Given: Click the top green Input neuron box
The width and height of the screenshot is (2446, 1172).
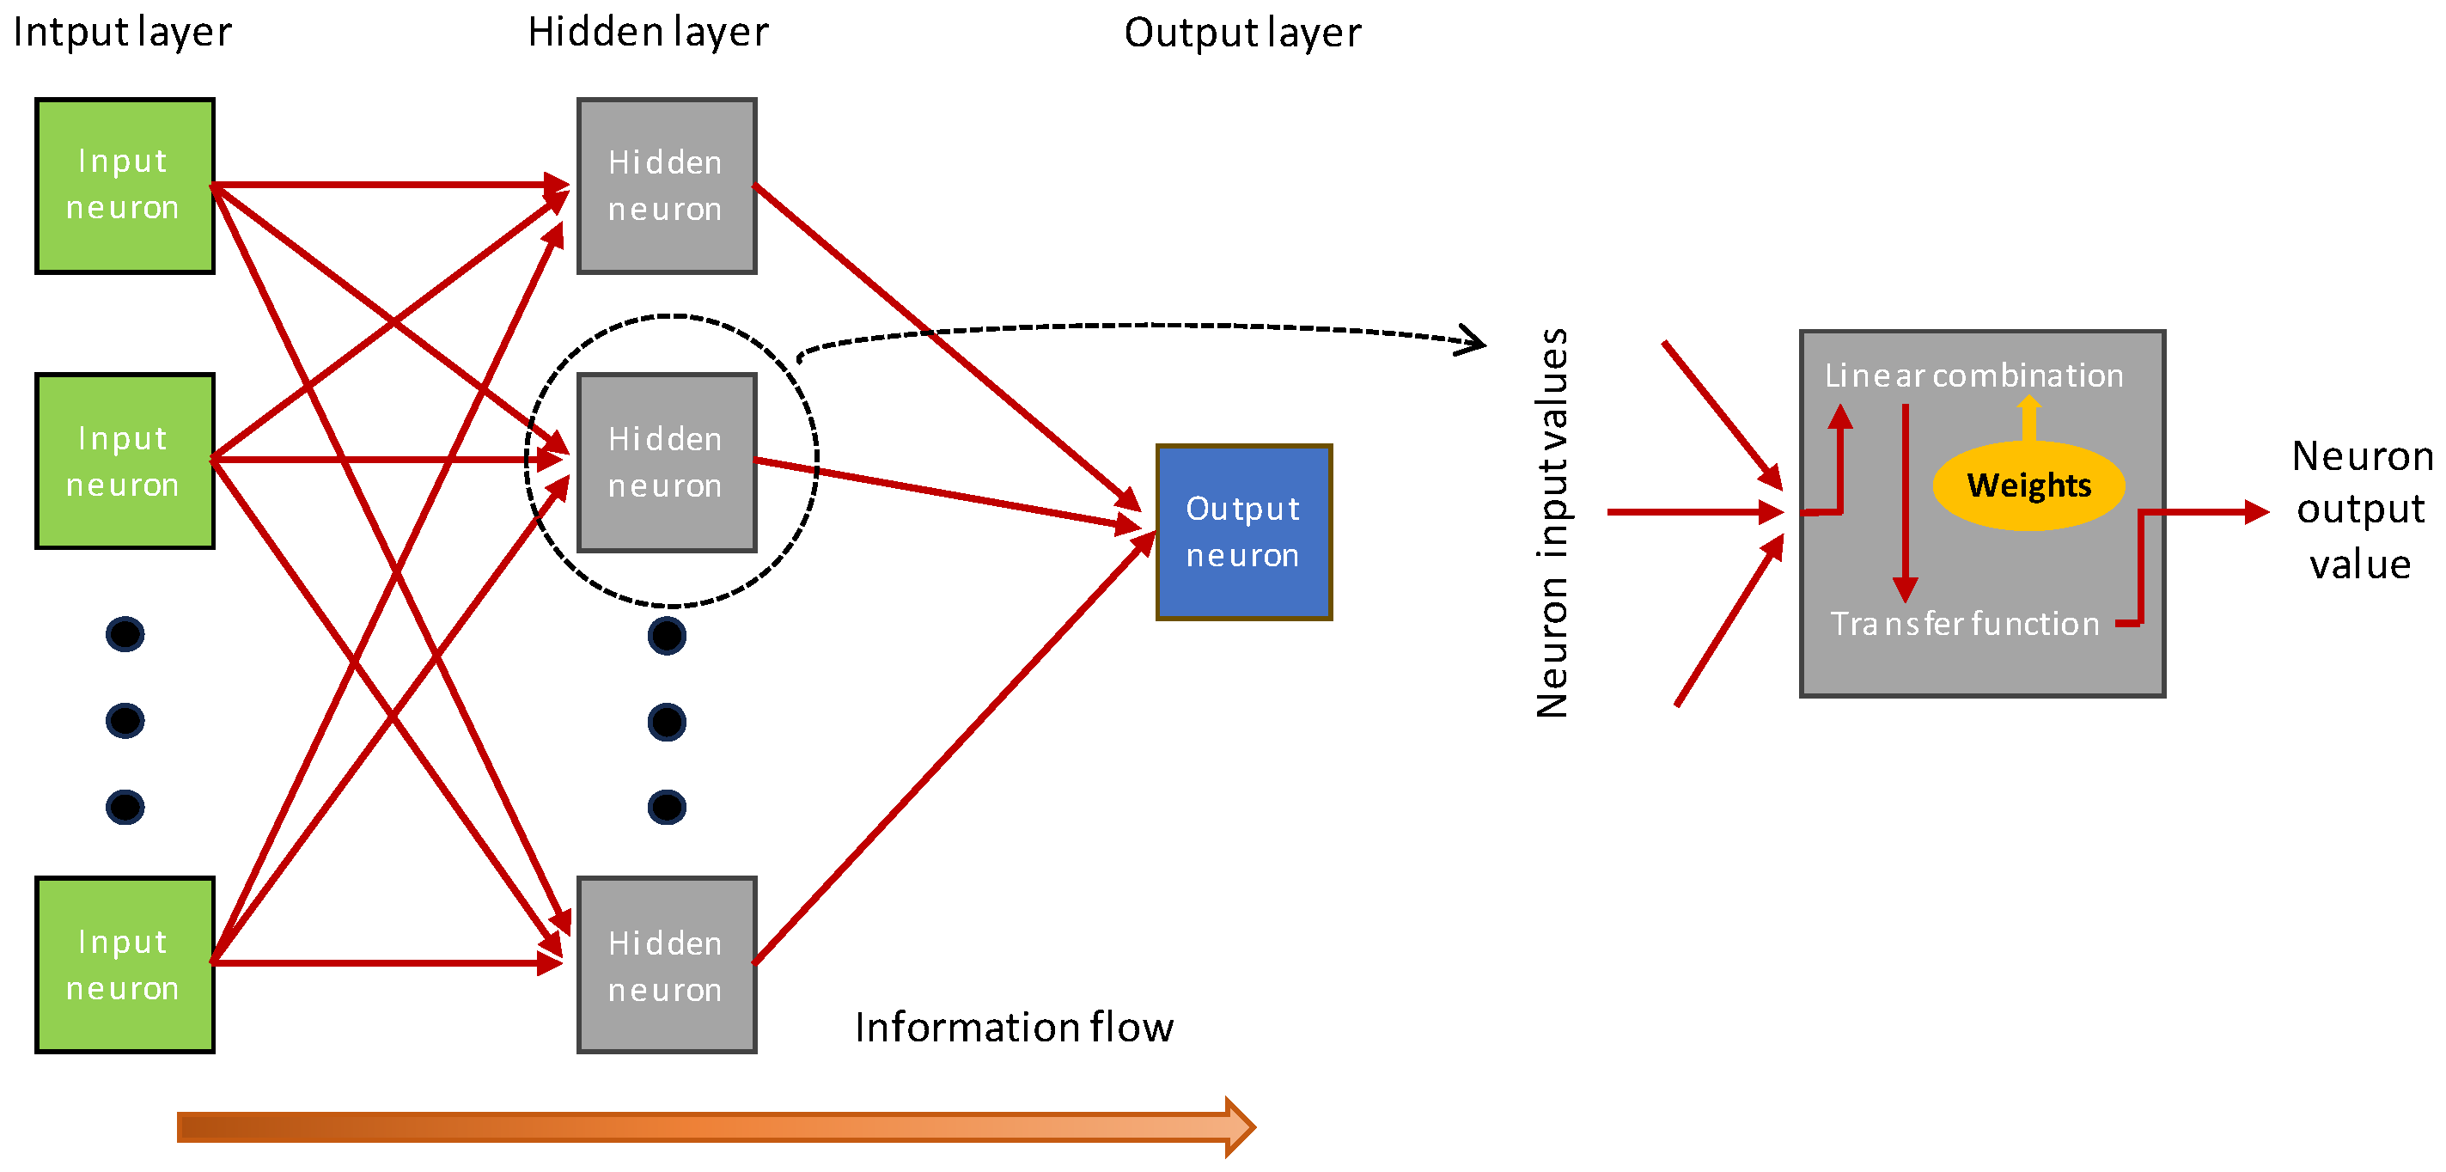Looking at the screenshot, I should pyautogui.click(x=125, y=186).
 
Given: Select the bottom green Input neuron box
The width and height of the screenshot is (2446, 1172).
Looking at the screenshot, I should pyautogui.click(x=125, y=964).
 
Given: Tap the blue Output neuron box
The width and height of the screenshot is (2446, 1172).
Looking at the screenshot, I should pyautogui.click(x=1243, y=532).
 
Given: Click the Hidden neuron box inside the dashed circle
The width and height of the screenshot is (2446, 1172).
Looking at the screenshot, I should pyautogui.click(x=667, y=461).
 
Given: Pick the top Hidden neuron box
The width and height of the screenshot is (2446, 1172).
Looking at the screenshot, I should pyautogui.click(x=667, y=186).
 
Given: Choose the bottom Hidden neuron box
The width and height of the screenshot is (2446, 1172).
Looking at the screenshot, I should pyautogui.click(x=667, y=964).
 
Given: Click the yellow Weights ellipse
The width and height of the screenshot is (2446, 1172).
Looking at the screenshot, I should pyautogui.click(x=2028, y=485).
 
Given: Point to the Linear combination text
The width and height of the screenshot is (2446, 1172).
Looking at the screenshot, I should pyautogui.click(x=1973, y=375).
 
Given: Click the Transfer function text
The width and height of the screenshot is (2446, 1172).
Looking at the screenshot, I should pyautogui.click(x=1964, y=623).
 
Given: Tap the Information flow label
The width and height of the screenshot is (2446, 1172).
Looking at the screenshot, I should pyautogui.click(x=1013, y=1027).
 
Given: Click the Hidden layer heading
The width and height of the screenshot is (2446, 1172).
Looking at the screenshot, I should pyautogui.click(x=648, y=33).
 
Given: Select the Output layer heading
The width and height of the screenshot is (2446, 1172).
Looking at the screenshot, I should pyautogui.click(x=1242, y=33).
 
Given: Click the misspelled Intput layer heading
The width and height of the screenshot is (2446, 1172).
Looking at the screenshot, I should pyautogui.click(x=121, y=33).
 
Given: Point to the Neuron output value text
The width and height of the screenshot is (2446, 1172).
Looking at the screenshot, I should pyautogui.click(x=2361, y=510).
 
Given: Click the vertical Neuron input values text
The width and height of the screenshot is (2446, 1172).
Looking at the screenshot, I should pyautogui.click(x=1552, y=522).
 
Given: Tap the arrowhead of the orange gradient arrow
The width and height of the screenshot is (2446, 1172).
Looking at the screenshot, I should pyautogui.click(x=1238, y=1126).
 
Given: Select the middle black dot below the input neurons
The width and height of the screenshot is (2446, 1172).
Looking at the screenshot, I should pyautogui.click(x=125, y=721).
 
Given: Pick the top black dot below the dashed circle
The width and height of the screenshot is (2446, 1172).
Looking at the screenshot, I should pyautogui.click(x=667, y=635).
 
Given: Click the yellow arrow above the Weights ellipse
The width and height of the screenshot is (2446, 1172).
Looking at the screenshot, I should pyautogui.click(x=2029, y=418).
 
